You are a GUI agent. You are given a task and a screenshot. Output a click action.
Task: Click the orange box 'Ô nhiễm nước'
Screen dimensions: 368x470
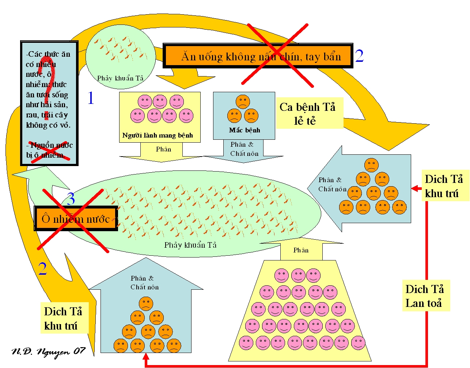pos(76,219)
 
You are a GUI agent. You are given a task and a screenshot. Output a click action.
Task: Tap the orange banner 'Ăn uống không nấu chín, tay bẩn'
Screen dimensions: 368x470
pos(258,56)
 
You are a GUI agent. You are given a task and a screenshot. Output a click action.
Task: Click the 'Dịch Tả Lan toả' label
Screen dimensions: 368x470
pos(425,296)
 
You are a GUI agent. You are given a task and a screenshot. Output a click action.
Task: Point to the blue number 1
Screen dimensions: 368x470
pos(91,98)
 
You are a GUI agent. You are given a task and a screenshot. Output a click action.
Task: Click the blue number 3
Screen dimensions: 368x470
pos(71,199)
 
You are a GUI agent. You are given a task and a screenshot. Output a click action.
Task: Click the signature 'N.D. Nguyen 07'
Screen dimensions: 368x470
pos(48,352)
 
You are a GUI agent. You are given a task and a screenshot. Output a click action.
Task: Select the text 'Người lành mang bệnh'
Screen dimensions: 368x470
pos(158,135)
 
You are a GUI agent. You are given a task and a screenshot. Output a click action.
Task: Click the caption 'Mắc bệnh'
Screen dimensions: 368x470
pos(245,130)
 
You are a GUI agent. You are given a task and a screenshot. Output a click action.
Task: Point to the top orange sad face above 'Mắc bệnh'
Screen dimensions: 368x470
pos(243,101)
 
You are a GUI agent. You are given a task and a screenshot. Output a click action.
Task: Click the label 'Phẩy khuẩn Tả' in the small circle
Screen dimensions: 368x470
pos(120,78)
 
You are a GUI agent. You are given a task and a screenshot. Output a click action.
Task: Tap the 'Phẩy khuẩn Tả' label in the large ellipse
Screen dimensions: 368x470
pos(190,245)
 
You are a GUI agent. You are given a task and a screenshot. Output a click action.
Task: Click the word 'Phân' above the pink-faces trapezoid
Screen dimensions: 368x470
pos(301,250)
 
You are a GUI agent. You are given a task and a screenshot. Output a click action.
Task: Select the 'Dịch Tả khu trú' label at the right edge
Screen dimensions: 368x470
pos(444,186)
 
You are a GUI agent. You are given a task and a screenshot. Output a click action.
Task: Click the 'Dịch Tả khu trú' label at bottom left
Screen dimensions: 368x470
pos(63,318)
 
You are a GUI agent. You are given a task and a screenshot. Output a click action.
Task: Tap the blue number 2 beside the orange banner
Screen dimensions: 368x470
pos(359,56)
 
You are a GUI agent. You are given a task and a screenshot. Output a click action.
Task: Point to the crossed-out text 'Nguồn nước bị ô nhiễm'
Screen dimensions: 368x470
pos(49,150)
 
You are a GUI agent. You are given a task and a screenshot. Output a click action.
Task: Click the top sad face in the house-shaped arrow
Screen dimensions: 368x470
pos(146,304)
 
